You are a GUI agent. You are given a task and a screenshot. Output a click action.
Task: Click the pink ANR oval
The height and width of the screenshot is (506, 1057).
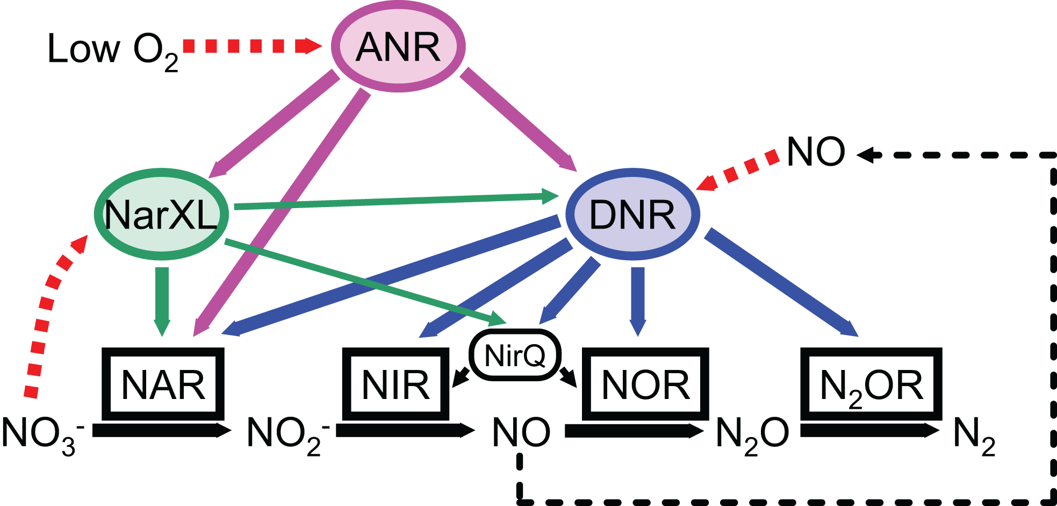[x=398, y=47]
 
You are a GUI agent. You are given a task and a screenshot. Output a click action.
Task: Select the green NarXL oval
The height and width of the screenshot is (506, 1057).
[x=161, y=215]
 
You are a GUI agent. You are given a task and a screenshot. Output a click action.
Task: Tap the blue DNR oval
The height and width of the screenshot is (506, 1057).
[x=632, y=215]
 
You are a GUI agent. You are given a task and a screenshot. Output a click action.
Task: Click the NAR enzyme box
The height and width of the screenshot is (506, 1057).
[x=163, y=384]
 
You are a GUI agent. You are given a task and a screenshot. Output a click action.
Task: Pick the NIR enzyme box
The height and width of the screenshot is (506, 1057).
[x=396, y=384]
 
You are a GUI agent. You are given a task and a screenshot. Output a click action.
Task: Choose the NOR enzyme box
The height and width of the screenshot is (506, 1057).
[x=645, y=384]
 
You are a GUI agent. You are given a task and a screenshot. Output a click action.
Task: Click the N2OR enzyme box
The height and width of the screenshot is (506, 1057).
[x=871, y=384]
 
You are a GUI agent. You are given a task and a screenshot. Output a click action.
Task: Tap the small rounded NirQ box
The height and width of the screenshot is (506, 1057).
[x=515, y=355]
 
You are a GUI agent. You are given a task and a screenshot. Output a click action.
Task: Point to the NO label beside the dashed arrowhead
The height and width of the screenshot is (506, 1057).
[x=815, y=152]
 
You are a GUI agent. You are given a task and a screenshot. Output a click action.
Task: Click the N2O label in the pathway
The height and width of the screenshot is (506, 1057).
[x=752, y=433]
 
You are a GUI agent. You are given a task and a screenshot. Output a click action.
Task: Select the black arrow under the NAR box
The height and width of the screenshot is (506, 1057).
[x=161, y=430]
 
